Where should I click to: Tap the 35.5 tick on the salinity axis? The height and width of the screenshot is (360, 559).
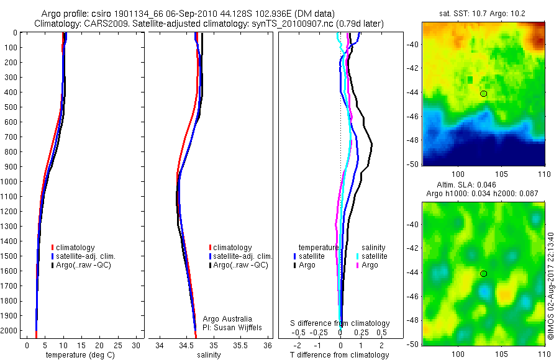pyautogui.click(x=240, y=345)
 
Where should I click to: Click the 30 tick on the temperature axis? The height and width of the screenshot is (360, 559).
pyautogui.click(x=136, y=345)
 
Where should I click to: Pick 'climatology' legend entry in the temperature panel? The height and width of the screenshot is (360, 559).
pyautogui.click(x=75, y=247)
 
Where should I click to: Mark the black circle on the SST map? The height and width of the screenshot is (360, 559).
pyautogui.click(x=484, y=94)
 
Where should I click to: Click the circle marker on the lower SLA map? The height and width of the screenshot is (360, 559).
pyautogui.click(x=484, y=274)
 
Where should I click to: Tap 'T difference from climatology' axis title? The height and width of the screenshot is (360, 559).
pyautogui.click(x=340, y=355)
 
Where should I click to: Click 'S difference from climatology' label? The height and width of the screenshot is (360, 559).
pyautogui.click(x=340, y=323)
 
